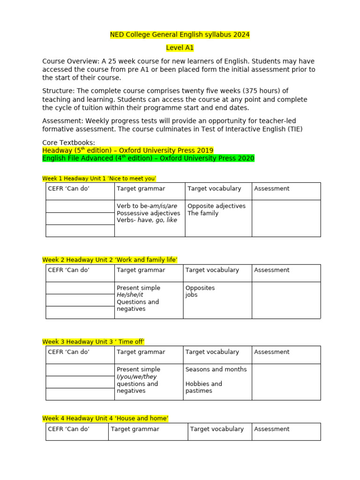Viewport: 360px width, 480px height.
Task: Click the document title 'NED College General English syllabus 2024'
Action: [x=180, y=35]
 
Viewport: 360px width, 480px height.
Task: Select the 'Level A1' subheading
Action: [x=180, y=48]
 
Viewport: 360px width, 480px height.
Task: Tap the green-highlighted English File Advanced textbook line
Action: [x=148, y=158]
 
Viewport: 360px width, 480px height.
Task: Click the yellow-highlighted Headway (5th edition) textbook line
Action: [x=127, y=150]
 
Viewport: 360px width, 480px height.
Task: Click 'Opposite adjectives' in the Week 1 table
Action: [x=216, y=206]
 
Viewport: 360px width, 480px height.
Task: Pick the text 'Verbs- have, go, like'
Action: [x=147, y=220]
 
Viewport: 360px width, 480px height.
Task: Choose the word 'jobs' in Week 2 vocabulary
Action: [x=191, y=295]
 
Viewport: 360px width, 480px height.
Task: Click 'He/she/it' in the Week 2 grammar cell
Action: [x=130, y=295]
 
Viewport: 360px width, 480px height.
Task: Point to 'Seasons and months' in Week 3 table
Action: [x=216, y=369]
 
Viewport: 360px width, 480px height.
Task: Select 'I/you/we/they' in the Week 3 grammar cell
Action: [x=136, y=376]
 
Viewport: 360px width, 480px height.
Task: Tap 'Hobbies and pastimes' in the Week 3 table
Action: [x=203, y=387]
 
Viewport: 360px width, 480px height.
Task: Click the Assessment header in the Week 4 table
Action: [x=271, y=429]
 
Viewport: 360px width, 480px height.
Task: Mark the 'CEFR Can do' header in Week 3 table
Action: [x=68, y=352]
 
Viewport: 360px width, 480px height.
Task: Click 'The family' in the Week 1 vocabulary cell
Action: [x=202, y=213]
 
